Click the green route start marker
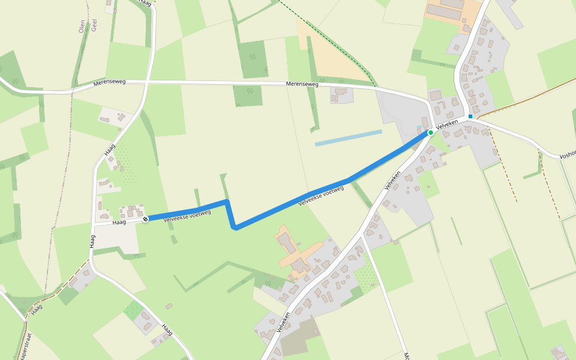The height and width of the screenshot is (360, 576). point(431,132)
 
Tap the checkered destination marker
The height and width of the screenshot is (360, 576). point(145,219)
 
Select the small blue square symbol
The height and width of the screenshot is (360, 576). point(470,116)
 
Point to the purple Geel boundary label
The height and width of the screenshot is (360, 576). point(94,25)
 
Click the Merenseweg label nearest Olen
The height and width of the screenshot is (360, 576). point(109,82)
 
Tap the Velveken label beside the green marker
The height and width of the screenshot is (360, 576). point(447,124)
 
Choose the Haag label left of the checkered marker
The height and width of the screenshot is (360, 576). point(119,222)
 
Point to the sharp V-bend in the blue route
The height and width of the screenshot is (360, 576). point(235,227)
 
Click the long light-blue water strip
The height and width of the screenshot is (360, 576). point(348,138)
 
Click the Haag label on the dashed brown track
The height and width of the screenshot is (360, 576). point(37,308)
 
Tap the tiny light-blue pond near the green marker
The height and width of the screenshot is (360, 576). point(419,128)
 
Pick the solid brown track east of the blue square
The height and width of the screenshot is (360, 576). point(528,95)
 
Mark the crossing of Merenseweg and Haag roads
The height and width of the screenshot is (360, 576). point(146,81)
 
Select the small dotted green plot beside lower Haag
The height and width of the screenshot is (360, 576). point(133,310)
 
